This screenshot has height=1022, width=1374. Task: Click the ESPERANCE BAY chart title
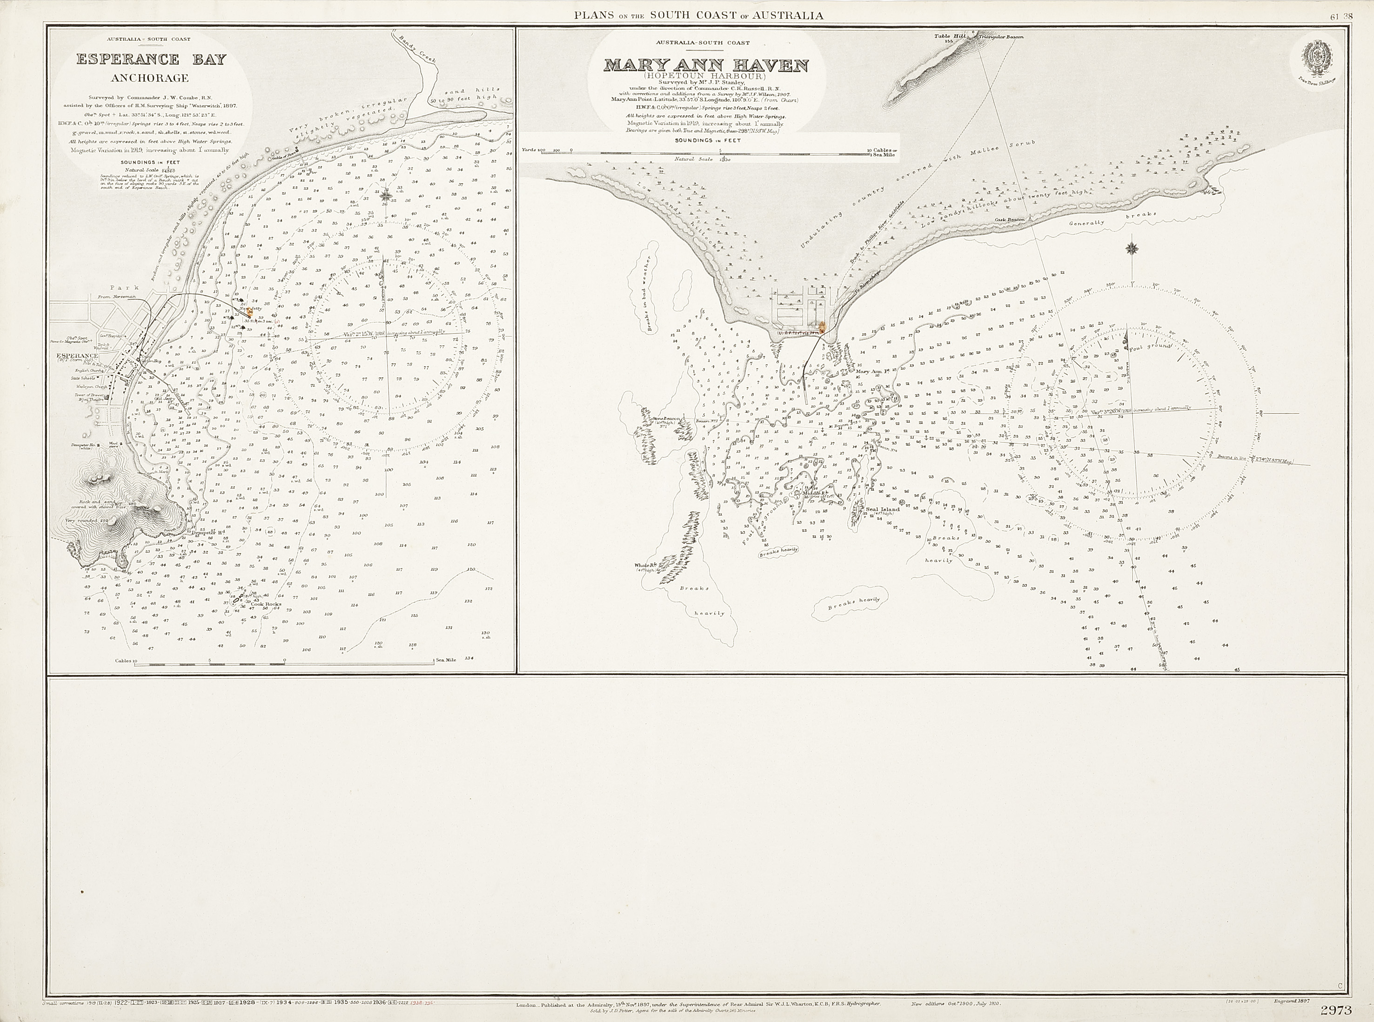click(x=151, y=60)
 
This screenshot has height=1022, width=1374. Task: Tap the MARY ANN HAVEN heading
click(x=706, y=65)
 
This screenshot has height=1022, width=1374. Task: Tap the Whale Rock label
click(x=644, y=565)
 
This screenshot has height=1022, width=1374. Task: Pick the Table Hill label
click(x=950, y=36)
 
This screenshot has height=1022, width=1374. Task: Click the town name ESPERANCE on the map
click(x=77, y=356)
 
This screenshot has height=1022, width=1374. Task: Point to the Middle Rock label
click(x=811, y=493)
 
